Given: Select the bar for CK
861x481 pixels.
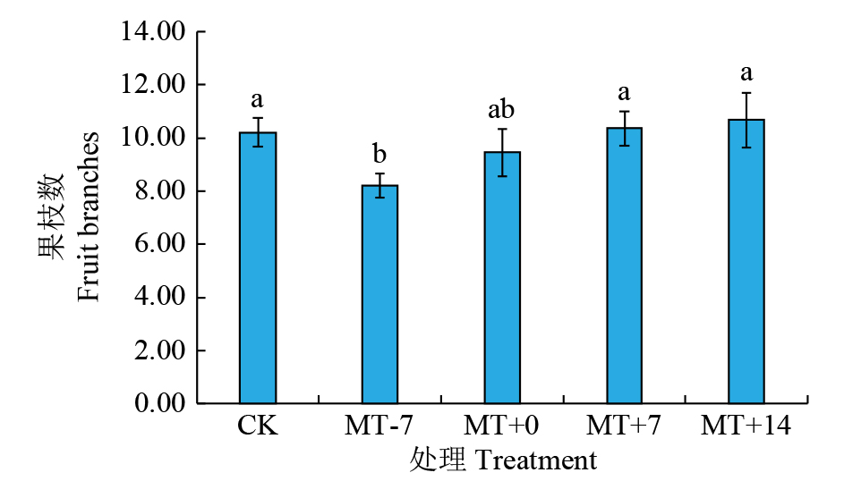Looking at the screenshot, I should (x=257, y=268).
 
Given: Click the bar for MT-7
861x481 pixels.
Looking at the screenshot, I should (x=379, y=294).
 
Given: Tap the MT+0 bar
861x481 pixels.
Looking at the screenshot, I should (x=502, y=278).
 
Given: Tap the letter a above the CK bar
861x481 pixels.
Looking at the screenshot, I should (x=257, y=98).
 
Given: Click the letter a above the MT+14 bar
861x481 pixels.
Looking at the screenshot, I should (x=746, y=72).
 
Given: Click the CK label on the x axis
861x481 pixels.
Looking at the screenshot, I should (x=257, y=426).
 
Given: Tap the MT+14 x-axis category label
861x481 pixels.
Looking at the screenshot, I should (x=746, y=426).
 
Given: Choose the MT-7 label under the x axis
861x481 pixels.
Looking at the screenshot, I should (x=379, y=426).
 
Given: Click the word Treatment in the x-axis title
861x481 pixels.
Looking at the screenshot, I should (x=536, y=461).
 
